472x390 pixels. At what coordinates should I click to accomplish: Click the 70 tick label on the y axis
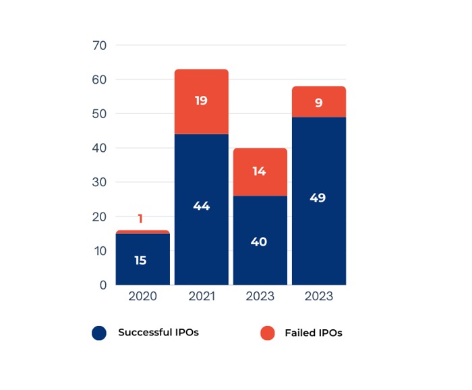click(100, 46)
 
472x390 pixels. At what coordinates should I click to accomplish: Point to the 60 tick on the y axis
click(100, 80)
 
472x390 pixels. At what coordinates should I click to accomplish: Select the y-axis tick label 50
click(100, 114)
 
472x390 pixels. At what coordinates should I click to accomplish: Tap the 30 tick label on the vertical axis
click(100, 183)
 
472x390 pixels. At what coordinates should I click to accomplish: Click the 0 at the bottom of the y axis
click(102, 285)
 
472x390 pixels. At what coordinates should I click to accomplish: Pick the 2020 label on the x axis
click(142, 296)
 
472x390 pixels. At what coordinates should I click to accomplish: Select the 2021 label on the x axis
click(201, 296)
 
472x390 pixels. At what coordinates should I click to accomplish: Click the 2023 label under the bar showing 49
click(318, 296)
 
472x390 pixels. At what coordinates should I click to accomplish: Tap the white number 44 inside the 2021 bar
click(201, 206)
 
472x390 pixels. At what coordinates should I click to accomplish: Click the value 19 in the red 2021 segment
click(201, 101)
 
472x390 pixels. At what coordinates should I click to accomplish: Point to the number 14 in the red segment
click(259, 171)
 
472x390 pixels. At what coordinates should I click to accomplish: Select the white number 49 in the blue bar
click(318, 198)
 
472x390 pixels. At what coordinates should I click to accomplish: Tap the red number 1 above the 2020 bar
click(140, 219)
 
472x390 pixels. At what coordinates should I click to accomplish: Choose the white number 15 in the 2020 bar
click(140, 260)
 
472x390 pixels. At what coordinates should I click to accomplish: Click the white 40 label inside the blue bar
click(259, 242)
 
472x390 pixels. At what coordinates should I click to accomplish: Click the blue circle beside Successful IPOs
click(99, 333)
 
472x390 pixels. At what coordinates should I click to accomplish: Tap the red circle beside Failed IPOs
click(268, 333)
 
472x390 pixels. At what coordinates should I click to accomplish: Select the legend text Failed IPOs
click(313, 333)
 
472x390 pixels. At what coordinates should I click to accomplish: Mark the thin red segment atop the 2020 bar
click(142, 232)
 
